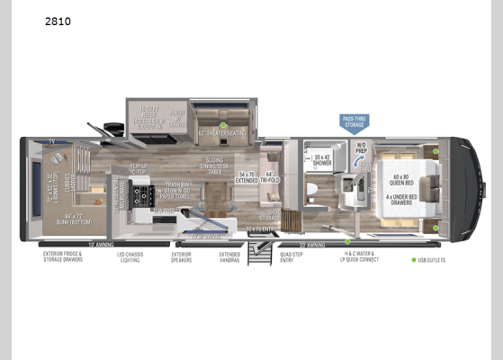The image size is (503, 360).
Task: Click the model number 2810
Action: [58, 19]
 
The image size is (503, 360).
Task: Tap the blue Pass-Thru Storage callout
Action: [353, 123]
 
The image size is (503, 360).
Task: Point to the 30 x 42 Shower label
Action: [322, 162]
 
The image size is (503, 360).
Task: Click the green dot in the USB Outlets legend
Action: [416, 260]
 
